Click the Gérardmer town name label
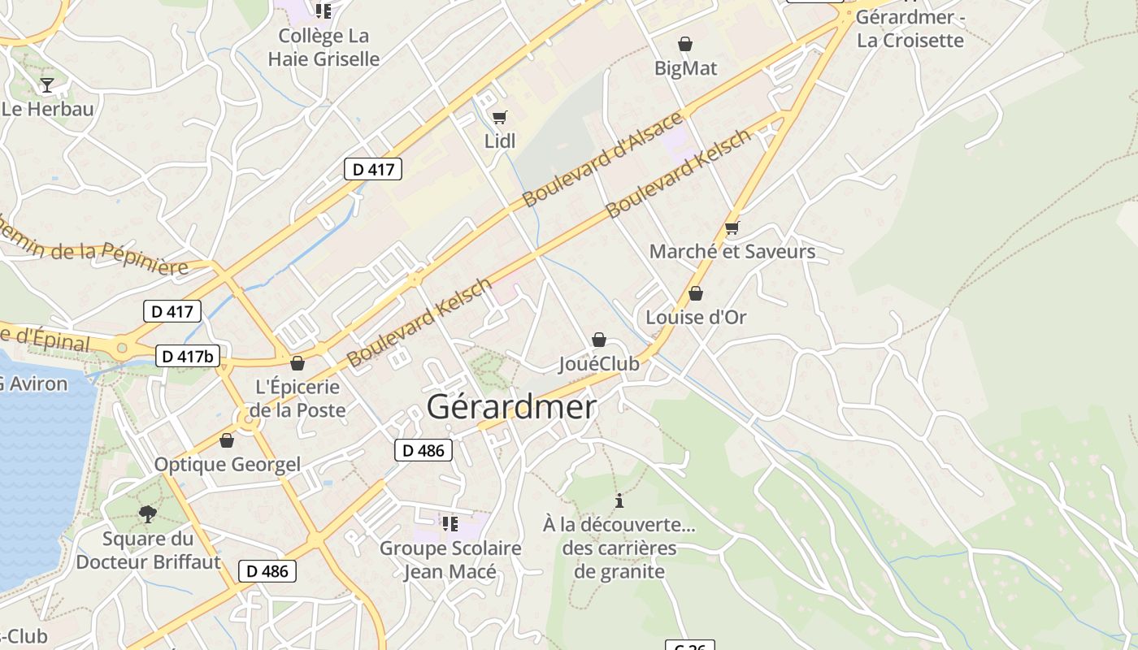pyautogui.click(x=511, y=407)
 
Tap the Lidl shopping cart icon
pyautogui.click(x=499, y=118)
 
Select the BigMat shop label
pyautogui.click(x=686, y=68)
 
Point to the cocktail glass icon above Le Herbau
pyautogui.click(x=47, y=85)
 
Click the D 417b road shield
pyautogui.click(x=188, y=356)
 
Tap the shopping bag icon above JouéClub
pyautogui.click(x=599, y=340)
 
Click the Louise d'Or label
pyautogui.click(x=696, y=317)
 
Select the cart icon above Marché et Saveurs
pyautogui.click(x=732, y=228)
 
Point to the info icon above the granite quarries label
pyautogui.click(x=619, y=500)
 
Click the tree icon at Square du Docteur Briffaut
pyautogui.click(x=147, y=513)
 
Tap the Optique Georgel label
pyautogui.click(x=228, y=465)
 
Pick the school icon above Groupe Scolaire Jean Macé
pyautogui.click(x=450, y=524)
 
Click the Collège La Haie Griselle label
pyautogui.click(x=324, y=47)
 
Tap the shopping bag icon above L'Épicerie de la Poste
pyautogui.click(x=298, y=363)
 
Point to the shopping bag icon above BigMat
pyautogui.click(x=685, y=44)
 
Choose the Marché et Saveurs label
pyautogui.click(x=732, y=252)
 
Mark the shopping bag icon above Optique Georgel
pyautogui.click(x=227, y=440)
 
